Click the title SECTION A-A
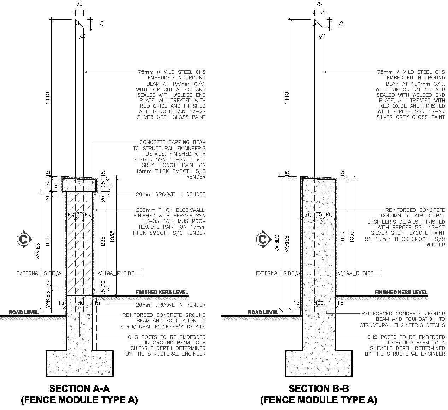pos(79,388)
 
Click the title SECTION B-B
pos(319,388)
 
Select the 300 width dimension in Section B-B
pos(319,303)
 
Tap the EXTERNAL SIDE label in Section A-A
pos(36,273)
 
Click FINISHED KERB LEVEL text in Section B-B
pos(401,292)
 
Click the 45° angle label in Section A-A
pos(82,36)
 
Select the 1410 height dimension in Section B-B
pos(287,98)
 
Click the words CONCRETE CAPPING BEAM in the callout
pos(173,143)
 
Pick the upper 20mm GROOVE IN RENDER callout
pos(170,194)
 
